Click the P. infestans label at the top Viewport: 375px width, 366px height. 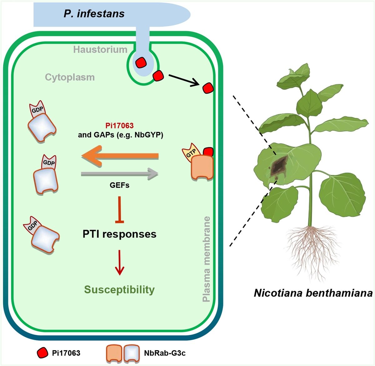(94, 13)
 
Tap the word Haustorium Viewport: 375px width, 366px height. (100, 49)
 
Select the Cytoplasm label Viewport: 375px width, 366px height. (70, 77)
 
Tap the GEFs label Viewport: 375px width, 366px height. (119, 185)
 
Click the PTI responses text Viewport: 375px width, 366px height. (119, 234)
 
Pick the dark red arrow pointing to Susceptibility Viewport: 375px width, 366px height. (119, 262)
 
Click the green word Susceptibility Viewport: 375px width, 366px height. (119, 290)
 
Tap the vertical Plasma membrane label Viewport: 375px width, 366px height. (206, 259)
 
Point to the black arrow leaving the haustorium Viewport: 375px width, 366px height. (184, 80)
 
